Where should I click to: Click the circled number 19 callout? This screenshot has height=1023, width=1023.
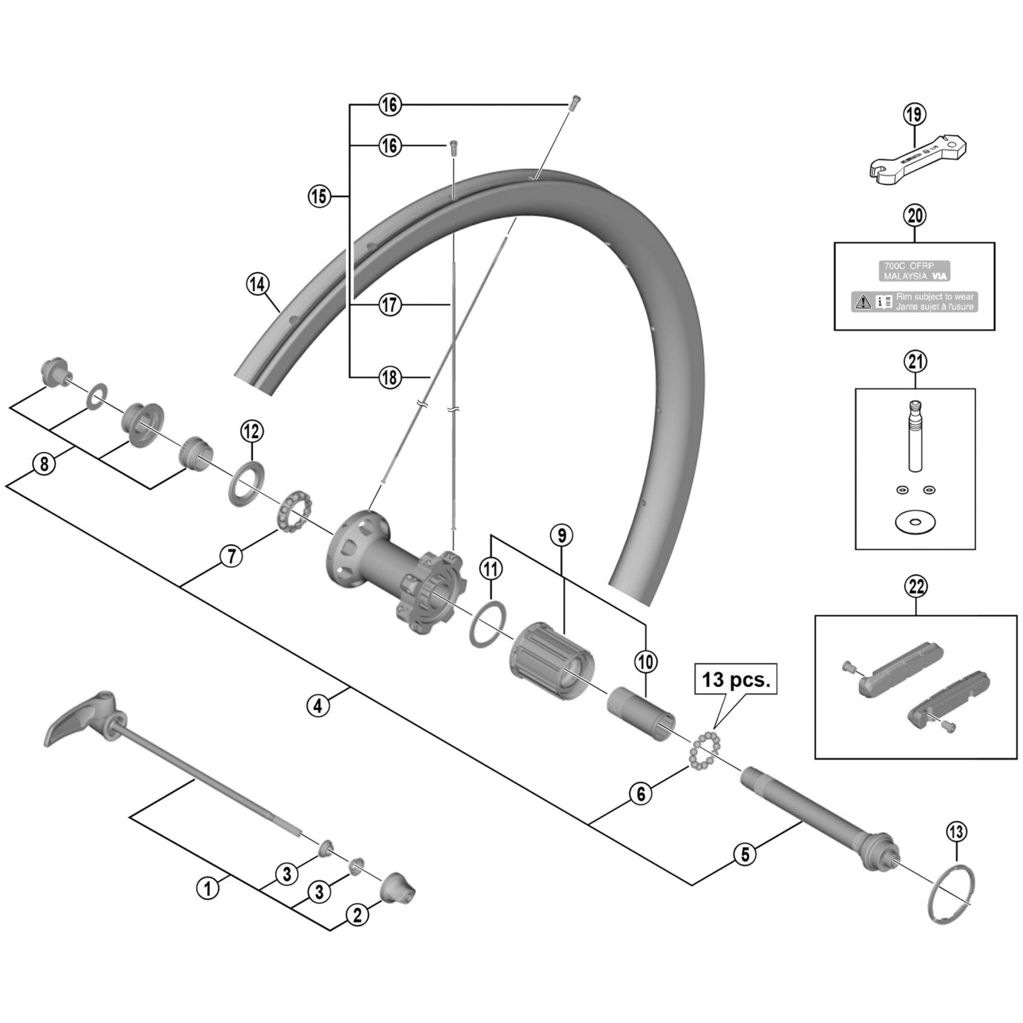pyautogui.click(x=916, y=115)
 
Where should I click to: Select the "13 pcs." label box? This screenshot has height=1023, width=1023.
pyautogui.click(x=736, y=679)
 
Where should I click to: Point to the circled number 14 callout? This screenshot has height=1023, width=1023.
pyautogui.click(x=257, y=285)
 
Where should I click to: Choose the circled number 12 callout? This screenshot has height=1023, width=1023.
pyautogui.click(x=252, y=432)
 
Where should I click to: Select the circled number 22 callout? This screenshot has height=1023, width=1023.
pyautogui.click(x=917, y=586)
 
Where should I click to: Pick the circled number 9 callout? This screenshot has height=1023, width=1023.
pyautogui.click(x=562, y=536)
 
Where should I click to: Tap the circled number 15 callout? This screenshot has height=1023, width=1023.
pyautogui.click(x=319, y=196)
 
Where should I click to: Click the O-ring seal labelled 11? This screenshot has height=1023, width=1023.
pyautogui.click(x=487, y=622)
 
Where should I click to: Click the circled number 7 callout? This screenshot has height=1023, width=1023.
pyautogui.click(x=231, y=557)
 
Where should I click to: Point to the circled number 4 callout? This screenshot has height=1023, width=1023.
pyautogui.click(x=317, y=706)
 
